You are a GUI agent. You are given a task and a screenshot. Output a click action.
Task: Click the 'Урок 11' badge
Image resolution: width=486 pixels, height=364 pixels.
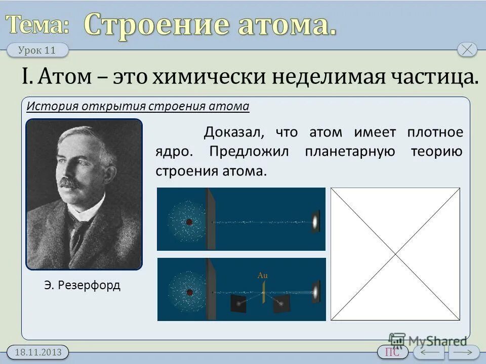click(x=37, y=50)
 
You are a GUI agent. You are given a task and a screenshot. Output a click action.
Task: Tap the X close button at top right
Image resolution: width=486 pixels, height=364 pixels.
click(x=467, y=50)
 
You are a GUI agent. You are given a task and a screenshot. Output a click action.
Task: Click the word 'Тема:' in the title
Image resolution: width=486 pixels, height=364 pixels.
click(x=38, y=24)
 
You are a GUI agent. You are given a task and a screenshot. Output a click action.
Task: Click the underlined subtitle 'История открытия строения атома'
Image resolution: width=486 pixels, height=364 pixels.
click(x=138, y=106)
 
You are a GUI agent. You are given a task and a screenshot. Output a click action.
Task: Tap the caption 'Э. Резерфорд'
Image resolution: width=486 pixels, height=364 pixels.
click(x=82, y=285)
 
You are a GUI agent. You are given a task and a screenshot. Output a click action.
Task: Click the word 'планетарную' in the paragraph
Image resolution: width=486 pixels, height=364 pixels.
click(x=350, y=152)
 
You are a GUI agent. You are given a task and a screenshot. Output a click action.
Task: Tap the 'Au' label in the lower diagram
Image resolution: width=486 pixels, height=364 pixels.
click(x=262, y=276)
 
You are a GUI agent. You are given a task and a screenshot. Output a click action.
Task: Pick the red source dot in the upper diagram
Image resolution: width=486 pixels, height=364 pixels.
click(x=189, y=222)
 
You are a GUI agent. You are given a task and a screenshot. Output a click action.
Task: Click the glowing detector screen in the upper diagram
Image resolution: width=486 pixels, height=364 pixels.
click(x=315, y=221)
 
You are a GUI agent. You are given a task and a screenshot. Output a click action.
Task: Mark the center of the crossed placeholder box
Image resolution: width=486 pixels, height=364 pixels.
click(x=395, y=254)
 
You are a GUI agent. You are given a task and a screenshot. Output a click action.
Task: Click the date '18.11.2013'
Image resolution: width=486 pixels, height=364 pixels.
click(x=37, y=352)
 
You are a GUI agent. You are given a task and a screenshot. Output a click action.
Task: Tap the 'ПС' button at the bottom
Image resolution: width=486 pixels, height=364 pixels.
click(x=392, y=352)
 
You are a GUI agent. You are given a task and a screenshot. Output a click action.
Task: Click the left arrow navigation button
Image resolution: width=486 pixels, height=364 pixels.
click(x=428, y=352)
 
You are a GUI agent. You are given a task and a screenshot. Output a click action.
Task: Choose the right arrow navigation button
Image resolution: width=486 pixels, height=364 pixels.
click(x=464, y=352)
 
